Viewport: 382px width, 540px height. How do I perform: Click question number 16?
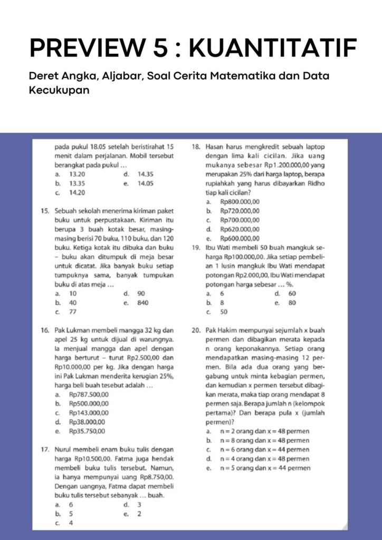click(x=45, y=330)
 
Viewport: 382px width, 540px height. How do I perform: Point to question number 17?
click(x=45, y=450)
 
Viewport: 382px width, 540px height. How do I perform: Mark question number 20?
click(x=195, y=330)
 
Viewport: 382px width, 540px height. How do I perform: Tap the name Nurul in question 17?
click(x=64, y=450)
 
